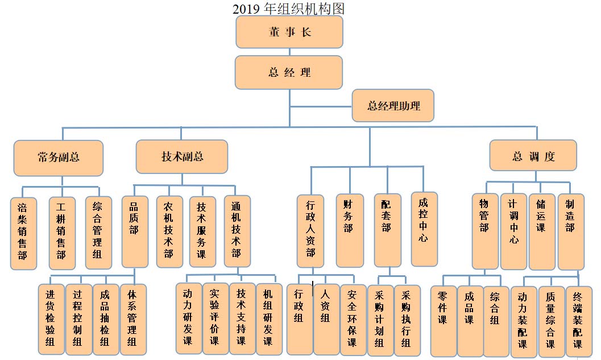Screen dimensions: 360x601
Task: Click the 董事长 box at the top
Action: point(289,32)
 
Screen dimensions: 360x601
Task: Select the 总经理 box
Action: point(289,72)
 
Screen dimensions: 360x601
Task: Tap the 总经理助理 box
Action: point(393,106)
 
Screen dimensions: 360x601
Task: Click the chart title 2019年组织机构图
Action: point(288,9)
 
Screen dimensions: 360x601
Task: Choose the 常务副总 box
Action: point(59,158)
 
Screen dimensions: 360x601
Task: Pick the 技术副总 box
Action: point(182,157)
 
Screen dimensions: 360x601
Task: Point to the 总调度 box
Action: point(533,156)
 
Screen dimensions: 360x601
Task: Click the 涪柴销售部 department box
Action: point(23,233)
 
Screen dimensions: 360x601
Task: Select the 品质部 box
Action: point(135,231)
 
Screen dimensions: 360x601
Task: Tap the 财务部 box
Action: point(349,230)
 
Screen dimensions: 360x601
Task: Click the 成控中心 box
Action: point(424,229)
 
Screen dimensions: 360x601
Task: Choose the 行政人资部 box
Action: point(310,231)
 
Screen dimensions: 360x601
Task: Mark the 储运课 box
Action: point(542,231)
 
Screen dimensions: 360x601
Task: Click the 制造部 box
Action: point(571,231)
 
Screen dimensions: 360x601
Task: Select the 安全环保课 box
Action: point(353,320)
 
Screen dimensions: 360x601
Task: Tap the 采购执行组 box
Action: point(407,320)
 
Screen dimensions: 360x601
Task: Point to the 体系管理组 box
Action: point(133,319)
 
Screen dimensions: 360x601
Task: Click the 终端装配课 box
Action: point(579,321)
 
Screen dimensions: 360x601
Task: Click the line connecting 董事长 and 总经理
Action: point(289,52)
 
